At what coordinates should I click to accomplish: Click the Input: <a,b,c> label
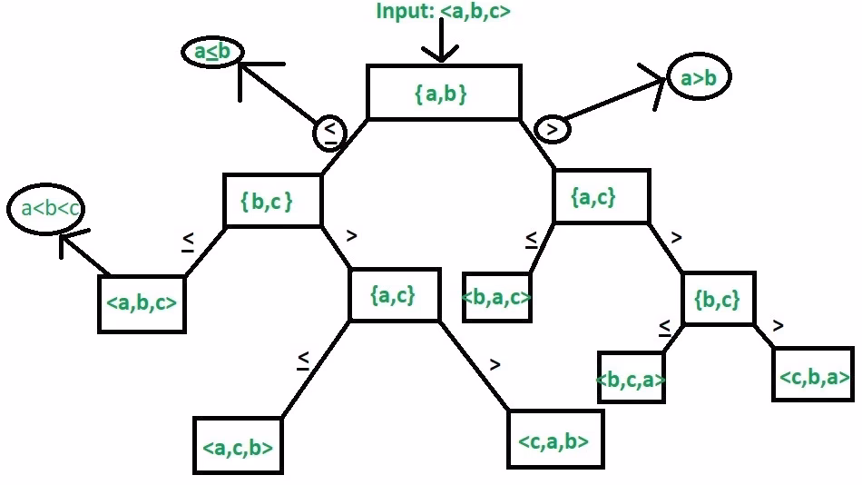[x=446, y=12]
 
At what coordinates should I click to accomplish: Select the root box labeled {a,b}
[x=444, y=92]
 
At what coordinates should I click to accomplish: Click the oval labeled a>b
[x=699, y=79]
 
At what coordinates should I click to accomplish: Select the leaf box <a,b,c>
[x=142, y=302]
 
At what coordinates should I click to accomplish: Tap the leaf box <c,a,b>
[x=554, y=440]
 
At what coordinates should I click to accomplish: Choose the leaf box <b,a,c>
[x=496, y=296]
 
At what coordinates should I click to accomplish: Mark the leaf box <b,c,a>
[x=632, y=380]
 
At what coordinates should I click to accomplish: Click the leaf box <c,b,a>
[x=813, y=374]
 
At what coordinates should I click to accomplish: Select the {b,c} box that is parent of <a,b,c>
[x=272, y=201]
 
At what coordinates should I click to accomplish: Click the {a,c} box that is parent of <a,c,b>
[x=395, y=294]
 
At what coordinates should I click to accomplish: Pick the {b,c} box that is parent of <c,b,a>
[x=718, y=299]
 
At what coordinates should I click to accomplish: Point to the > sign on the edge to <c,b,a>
[x=778, y=324]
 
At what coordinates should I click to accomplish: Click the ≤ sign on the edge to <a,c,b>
[x=303, y=361]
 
